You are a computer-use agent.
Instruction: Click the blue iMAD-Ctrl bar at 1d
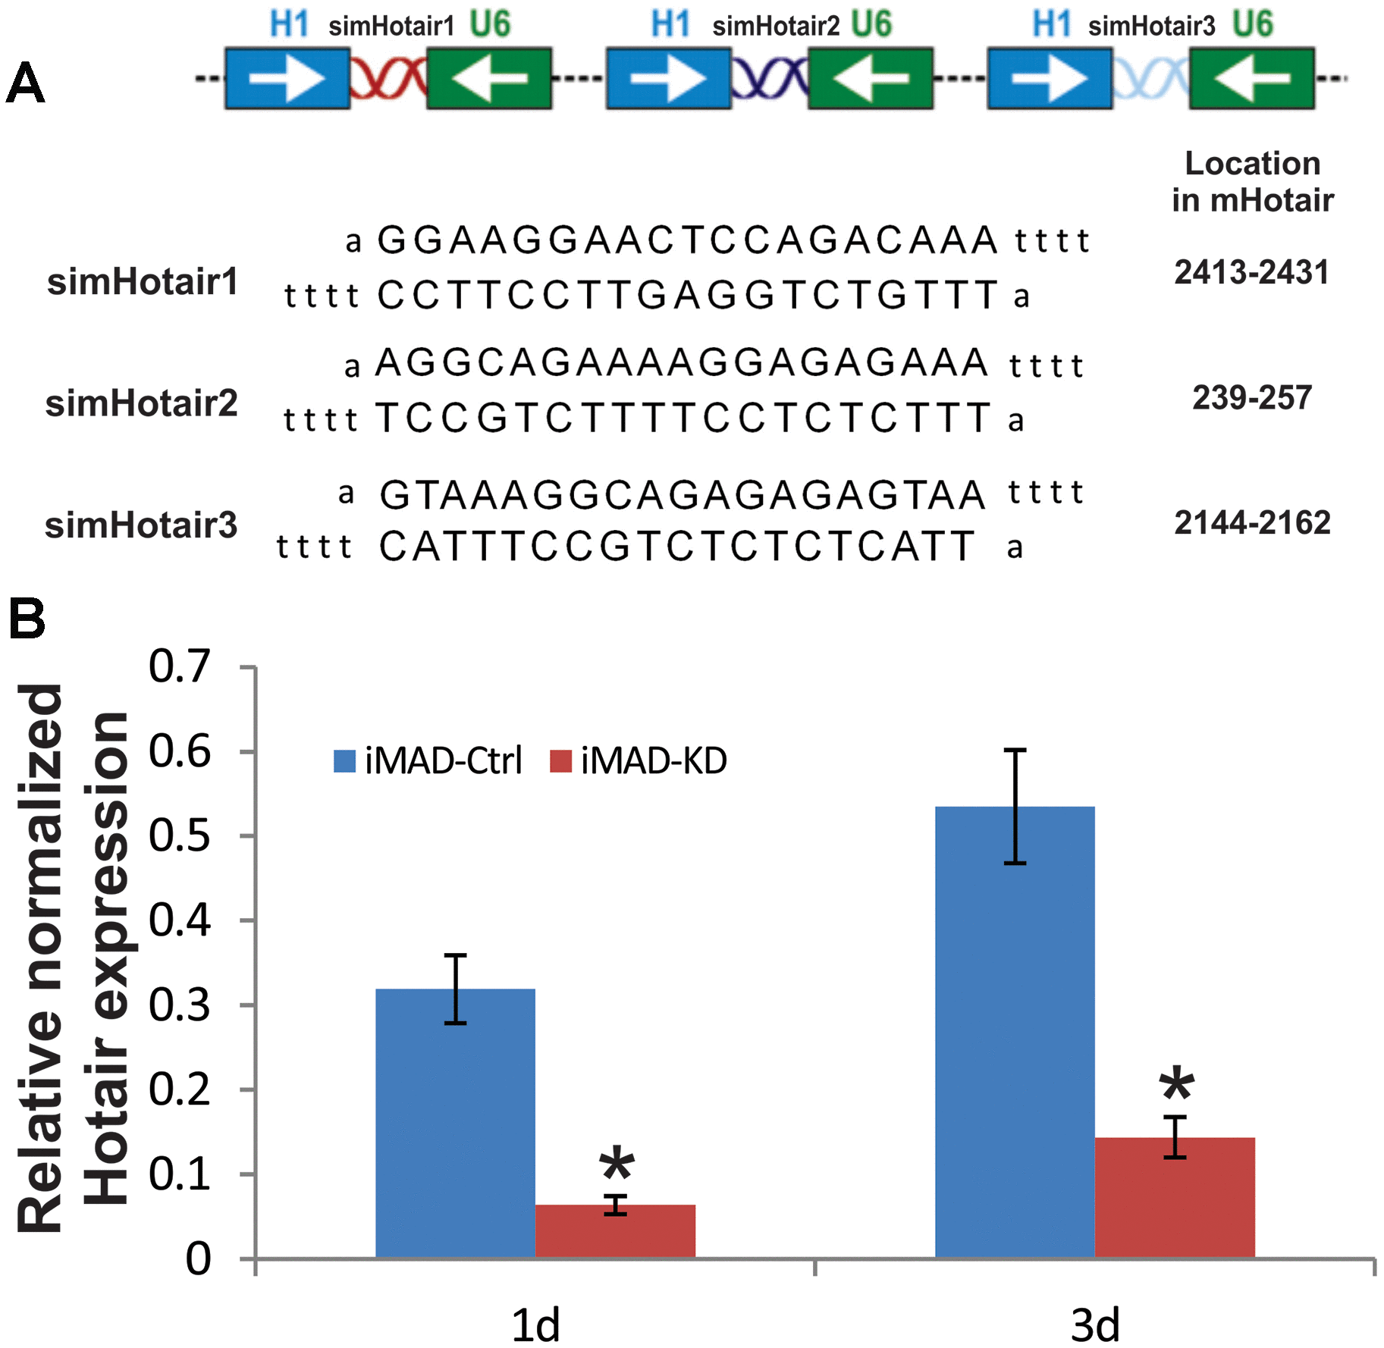(455, 1123)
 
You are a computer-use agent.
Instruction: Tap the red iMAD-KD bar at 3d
(1175, 1197)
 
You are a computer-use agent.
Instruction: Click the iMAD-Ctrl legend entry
(428, 760)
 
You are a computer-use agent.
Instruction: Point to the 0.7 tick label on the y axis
(179, 667)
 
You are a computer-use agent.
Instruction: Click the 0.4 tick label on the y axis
(179, 920)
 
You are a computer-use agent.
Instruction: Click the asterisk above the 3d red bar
(1176, 1085)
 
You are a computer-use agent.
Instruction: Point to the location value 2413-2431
(1252, 272)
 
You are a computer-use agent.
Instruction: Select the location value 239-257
(1252, 397)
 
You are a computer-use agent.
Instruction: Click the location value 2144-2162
(1252, 522)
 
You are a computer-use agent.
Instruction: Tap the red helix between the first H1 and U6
(388, 78)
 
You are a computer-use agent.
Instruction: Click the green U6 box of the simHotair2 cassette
(871, 78)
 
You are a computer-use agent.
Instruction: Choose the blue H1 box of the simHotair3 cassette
(1050, 78)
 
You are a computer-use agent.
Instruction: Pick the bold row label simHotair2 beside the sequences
(142, 403)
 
